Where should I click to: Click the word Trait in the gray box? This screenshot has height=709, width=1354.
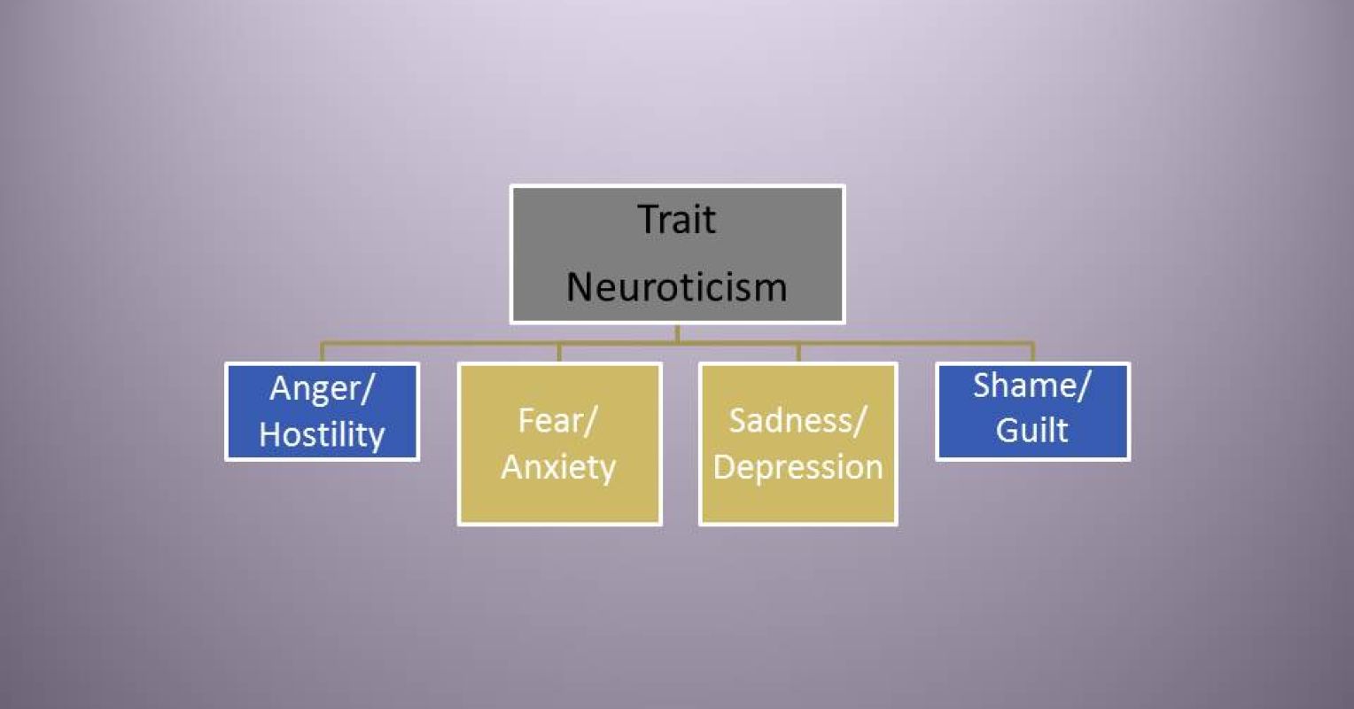pos(677,220)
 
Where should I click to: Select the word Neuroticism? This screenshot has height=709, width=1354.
pos(677,287)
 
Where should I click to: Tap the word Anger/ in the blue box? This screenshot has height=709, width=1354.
pos(321,389)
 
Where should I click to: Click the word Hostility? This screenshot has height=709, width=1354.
pos(322,435)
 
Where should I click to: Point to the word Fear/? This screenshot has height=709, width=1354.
pos(558,420)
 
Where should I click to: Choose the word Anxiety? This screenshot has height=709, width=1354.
pos(558,467)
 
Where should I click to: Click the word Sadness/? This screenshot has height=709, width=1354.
pos(798,420)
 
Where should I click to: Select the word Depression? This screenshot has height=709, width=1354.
pos(798,467)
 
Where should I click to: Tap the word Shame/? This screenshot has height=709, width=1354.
pos(1032,386)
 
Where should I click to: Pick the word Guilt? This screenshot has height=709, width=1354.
pos(1032,431)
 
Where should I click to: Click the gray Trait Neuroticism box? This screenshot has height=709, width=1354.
pos(677,253)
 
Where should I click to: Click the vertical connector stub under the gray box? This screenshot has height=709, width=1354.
pos(677,333)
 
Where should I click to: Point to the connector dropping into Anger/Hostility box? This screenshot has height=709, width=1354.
pos(322,352)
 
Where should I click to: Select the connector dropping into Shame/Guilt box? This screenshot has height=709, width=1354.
pos(1032,352)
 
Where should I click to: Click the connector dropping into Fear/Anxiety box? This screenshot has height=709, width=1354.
pos(559,352)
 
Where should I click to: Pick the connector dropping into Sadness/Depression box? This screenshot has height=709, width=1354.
pos(798,352)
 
